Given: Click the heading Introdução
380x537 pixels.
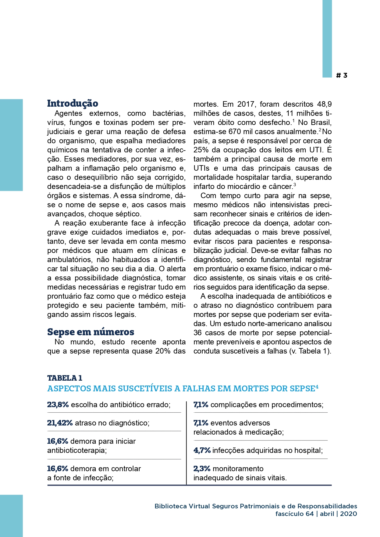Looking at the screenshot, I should pos(73,104).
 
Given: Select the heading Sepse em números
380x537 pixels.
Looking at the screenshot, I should pos(91,332).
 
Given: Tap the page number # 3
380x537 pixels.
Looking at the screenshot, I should pos(342,75).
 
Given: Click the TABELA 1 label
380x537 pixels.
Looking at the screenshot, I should pos(65,378).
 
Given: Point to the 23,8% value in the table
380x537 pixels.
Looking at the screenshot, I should pos(58,405).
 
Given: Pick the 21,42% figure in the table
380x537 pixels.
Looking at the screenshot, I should pos(60,423).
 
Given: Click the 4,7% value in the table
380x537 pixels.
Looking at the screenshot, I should pos(202,450).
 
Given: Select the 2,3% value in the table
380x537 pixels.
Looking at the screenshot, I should pos(202,469).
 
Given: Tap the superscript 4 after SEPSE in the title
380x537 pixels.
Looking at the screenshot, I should pos(317,387).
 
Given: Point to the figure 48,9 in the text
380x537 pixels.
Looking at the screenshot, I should pos(324,104).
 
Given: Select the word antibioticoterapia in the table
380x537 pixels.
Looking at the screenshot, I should pos(76,450).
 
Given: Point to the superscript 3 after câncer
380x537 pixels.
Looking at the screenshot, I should pos(295,185).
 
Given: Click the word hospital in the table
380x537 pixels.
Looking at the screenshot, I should pos(309,450).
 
